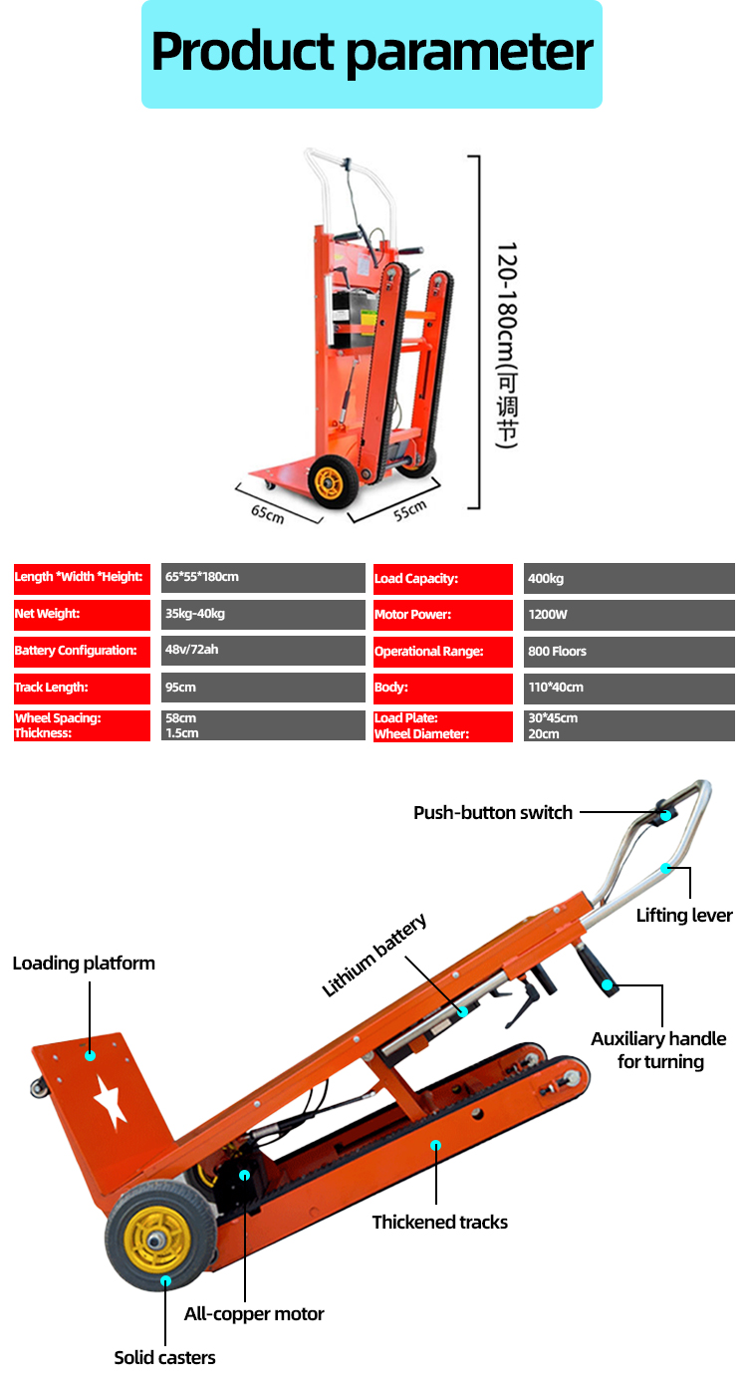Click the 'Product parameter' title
tap(372, 52)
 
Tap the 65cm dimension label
tap(267, 514)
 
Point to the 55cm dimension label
tap(409, 510)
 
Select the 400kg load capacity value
tap(547, 579)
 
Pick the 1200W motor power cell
tap(549, 615)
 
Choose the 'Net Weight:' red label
tap(47, 615)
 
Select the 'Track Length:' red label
tap(52, 688)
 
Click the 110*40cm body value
tap(555, 688)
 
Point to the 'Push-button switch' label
tap(493, 813)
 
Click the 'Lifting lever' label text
tap(684, 916)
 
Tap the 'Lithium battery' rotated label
tap(374, 955)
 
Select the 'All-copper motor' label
tap(254, 1314)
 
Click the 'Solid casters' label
tap(164, 1357)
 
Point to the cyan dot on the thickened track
tap(435, 1146)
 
